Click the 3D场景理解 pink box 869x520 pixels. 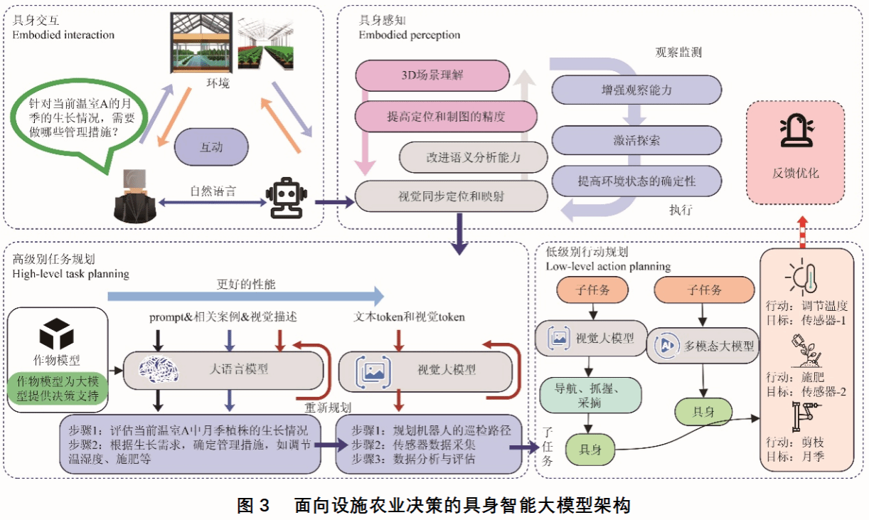(x=432, y=74)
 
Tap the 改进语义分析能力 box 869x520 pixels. (x=472, y=157)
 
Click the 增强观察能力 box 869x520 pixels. (x=636, y=90)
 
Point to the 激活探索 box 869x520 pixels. (x=636, y=140)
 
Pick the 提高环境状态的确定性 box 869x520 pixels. (x=636, y=181)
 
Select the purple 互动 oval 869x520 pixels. (x=211, y=147)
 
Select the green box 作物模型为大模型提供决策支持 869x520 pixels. (x=58, y=388)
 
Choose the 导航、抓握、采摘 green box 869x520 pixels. (x=590, y=396)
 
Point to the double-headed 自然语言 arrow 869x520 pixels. (x=213, y=203)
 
